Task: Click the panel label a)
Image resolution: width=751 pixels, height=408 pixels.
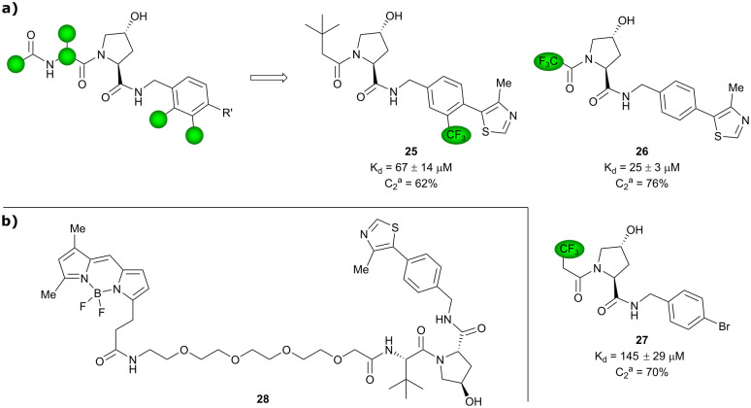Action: (13, 13)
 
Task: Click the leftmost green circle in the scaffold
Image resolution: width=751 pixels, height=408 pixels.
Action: (15, 65)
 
